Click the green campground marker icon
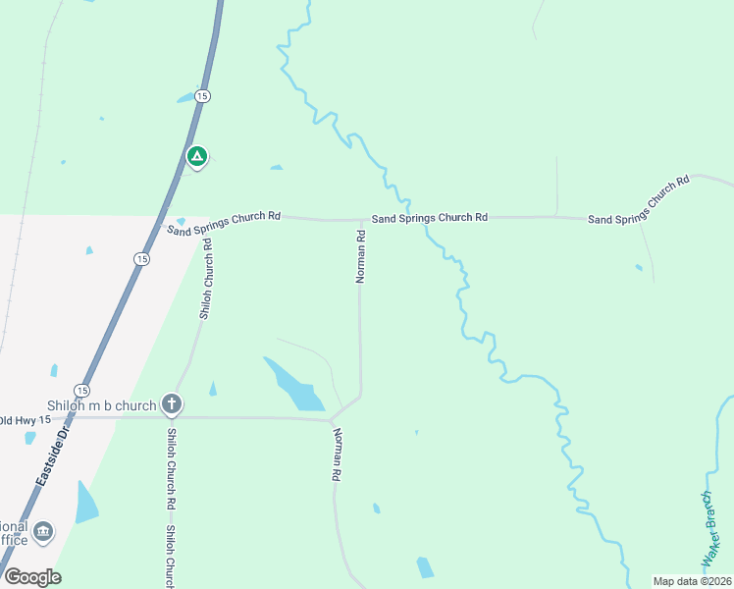click(196, 156)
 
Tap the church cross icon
click(172, 403)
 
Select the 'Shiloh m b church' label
click(102, 405)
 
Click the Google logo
click(32, 577)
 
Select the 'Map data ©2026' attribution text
click(692, 581)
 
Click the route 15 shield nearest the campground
click(202, 95)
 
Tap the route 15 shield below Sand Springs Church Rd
click(141, 258)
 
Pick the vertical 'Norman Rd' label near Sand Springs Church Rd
click(360, 256)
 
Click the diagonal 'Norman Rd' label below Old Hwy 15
click(337, 455)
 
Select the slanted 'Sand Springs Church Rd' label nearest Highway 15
click(224, 224)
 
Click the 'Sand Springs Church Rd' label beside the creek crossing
click(429, 217)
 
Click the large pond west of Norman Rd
click(292, 385)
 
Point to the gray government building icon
click(43, 532)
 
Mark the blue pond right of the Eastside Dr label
click(86, 502)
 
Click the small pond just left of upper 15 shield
click(184, 98)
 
